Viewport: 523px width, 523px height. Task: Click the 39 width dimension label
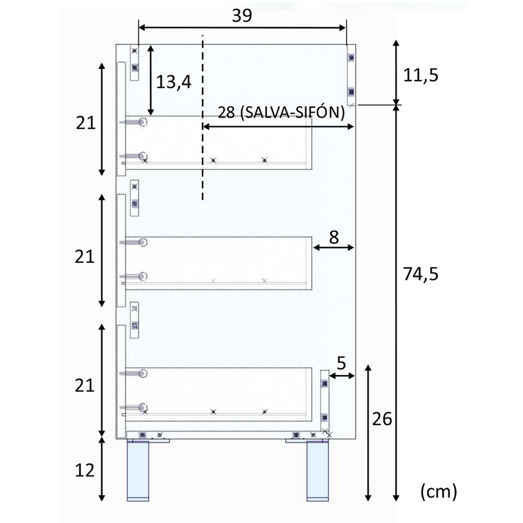(x=242, y=16)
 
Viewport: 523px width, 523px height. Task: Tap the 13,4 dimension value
(x=173, y=82)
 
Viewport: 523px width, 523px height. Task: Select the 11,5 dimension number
(x=420, y=75)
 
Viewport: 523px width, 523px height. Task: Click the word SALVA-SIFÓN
(x=293, y=112)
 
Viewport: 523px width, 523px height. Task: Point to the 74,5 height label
(x=420, y=274)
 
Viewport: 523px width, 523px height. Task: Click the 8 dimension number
(x=334, y=237)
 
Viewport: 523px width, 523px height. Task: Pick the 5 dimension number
(x=341, y=363)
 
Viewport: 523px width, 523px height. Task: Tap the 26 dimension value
(x=382, y=419)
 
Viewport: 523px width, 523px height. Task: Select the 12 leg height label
(x=85, y=470)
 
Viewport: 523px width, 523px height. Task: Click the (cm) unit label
(x=438, y=492)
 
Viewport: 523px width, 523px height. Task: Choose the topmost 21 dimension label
(x=85, y=123)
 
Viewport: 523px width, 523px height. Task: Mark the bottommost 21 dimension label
(x=85, y=386)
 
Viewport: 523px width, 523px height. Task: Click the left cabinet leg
(x=138, y=471)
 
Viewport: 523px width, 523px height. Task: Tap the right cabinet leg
(x=317, y=471)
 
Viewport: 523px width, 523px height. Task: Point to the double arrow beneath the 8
(x=334, y=248)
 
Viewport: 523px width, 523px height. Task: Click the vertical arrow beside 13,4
(x=151, y=80)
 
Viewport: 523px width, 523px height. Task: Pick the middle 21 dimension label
(x=85, y=257)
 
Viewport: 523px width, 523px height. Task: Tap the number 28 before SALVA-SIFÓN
(x=226, y=113)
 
